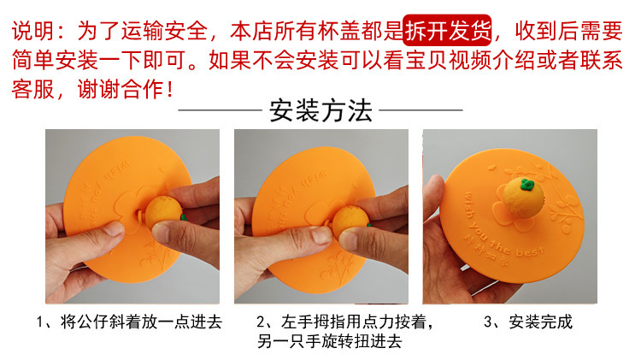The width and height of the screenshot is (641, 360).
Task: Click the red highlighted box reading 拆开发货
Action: (447, 30)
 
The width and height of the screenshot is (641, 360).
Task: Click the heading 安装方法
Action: (320, 110)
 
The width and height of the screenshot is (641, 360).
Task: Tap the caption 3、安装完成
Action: (528, 322)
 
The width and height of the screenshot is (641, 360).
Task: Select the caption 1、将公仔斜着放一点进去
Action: (129, 322)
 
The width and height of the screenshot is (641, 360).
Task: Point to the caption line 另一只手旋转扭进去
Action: (330, 341)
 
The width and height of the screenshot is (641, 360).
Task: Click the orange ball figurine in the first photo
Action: (163, 214)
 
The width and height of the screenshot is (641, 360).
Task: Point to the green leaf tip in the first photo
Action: (184, 217)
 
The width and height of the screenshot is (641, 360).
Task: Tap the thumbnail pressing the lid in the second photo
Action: (321, 234)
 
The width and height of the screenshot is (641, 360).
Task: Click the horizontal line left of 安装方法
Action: (220, 110)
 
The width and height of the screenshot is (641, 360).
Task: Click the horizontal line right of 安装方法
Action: (420, 110)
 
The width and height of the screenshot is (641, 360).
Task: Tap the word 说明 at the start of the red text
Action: (32, 31)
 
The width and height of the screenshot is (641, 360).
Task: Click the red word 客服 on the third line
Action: (32, 90)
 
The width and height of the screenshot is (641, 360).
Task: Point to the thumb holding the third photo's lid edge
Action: (433, 196)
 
